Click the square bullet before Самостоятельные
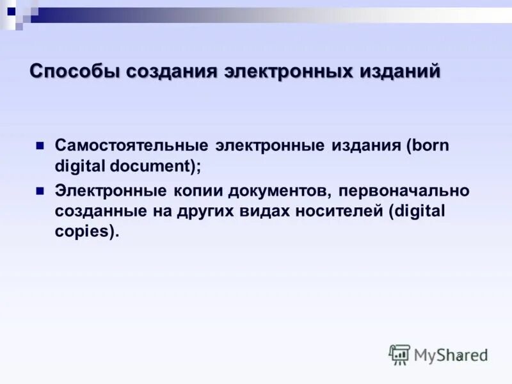click(40, 146)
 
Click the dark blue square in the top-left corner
click(11, 10)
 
